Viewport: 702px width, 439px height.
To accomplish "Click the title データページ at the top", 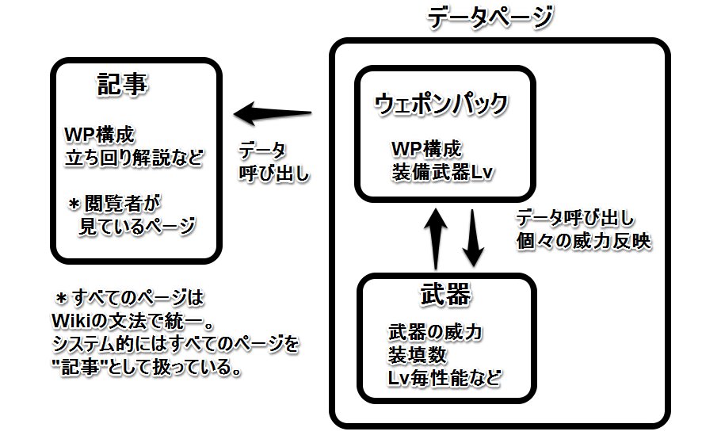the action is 490,18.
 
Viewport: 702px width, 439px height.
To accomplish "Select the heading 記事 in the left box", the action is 122,85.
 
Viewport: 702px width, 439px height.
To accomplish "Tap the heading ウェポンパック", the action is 441,105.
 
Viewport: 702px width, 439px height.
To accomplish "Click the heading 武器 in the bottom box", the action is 446,294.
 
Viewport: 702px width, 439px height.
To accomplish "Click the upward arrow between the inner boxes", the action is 436,239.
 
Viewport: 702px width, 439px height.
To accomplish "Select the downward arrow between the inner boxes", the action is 473,238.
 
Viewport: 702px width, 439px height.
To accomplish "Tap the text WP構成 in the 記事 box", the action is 99,135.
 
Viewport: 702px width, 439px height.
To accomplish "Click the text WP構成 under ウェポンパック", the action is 426,149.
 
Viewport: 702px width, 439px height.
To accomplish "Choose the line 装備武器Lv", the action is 442,173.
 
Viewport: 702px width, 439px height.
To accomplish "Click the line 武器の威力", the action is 435,332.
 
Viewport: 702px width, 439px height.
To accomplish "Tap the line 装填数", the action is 418,355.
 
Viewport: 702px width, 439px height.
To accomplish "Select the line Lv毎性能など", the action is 444,379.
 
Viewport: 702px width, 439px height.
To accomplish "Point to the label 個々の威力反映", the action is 583,242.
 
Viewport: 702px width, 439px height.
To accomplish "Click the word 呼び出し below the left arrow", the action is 274,174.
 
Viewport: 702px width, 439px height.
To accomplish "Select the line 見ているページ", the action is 137,226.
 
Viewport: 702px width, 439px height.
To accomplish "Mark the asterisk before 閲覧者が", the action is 74,204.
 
